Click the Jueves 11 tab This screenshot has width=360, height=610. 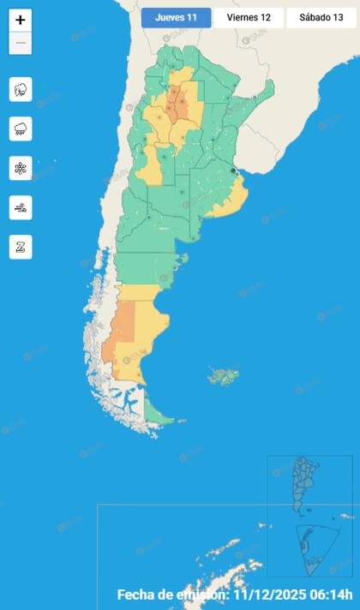[176, 17]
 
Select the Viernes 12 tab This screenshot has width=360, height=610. [249, 17]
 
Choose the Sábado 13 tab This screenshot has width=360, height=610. [321, 17]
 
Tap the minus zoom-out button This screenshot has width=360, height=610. [21, 43]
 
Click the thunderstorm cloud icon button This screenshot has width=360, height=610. [21, 89]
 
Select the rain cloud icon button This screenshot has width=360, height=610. [21, 129]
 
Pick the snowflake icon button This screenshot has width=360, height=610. [21, 168]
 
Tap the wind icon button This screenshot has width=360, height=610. [21, 206]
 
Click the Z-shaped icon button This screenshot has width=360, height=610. [21, 247]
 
